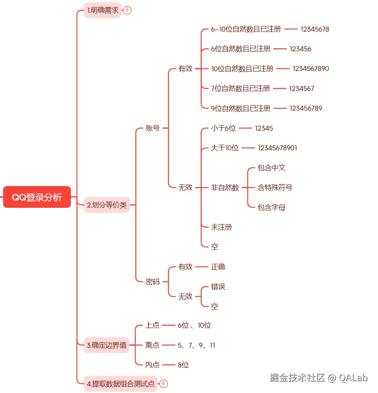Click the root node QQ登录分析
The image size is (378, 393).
[37, 197]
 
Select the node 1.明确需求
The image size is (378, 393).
[103, 10]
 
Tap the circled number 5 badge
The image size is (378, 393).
[127, 10]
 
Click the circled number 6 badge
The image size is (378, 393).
[163, 383]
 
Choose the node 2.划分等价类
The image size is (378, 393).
[107, 205]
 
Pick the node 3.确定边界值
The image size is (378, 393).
[106, 345]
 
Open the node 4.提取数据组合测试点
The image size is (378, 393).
[121, 383]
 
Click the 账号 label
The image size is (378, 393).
[152, 128]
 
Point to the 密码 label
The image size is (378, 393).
[152, 281]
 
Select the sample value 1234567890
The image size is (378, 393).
[310, 68]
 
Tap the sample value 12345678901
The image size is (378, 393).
[277, 148]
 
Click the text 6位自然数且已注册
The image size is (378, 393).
[240, 49]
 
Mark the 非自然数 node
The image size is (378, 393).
[225, 187]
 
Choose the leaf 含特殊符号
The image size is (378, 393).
[275, 187]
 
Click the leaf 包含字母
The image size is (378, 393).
[271, 207]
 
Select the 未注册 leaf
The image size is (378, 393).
[221, 227]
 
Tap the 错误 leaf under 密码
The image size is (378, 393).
[218, 286]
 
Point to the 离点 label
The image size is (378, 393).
[152, 345]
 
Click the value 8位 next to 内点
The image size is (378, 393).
[183, 365]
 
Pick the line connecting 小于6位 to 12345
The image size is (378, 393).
[246, 128]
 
